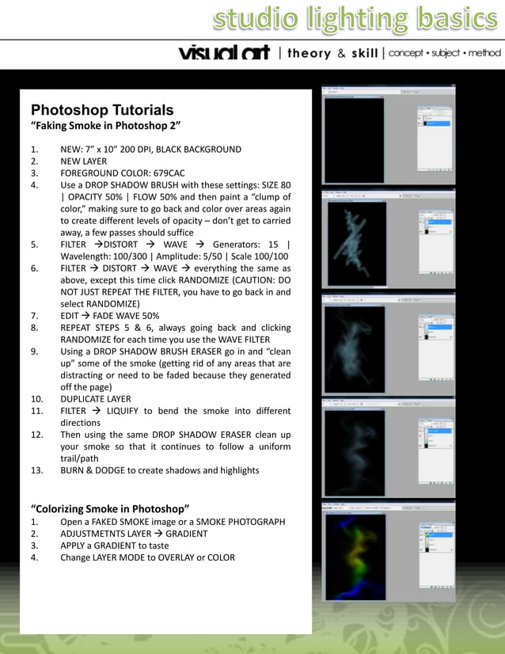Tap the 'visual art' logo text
(224, 53)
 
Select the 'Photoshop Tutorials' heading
(102, 110)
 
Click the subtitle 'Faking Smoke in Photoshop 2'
(106, 126)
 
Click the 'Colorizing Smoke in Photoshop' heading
(110, 508)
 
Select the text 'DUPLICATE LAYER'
(96, 399)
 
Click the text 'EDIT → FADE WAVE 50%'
(109, 316)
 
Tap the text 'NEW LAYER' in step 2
(83, 162)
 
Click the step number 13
(36, 470)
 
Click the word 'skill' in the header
(364, 53)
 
